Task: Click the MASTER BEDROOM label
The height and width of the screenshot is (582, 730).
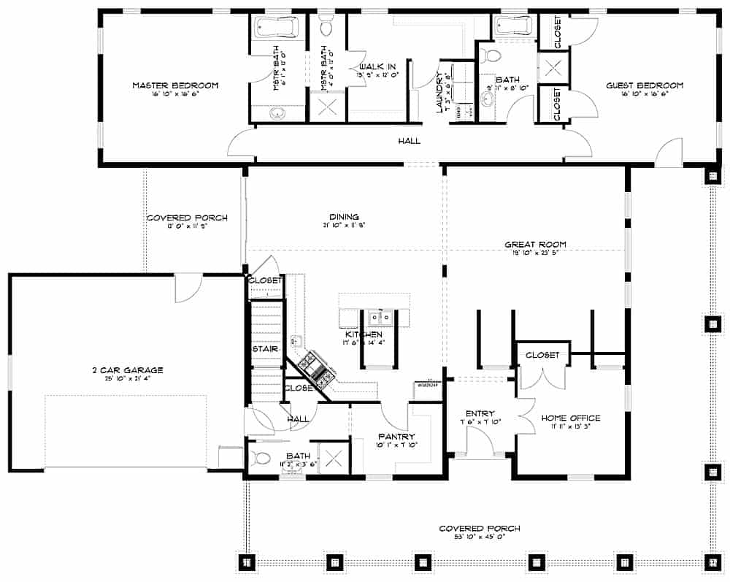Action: (175, 85)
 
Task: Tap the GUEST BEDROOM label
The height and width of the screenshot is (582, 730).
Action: (645, 85)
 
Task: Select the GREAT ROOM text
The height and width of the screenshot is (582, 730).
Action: (535, 245)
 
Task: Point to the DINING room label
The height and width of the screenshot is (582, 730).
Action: (343, 217)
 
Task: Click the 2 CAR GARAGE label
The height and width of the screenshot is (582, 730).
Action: (123, 370)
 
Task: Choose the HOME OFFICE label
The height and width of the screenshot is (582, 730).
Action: (570, 418)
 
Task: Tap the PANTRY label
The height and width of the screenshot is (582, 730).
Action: (396, 436)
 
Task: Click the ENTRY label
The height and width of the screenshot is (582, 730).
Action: (480, 413)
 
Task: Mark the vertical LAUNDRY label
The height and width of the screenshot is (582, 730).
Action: (439, 93)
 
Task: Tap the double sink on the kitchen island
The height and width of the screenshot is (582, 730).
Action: (379, 318)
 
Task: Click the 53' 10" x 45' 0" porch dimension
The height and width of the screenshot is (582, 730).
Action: (479, 537)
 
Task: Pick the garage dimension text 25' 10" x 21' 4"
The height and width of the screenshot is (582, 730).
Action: (123, 379)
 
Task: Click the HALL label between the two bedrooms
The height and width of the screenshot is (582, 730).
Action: (409, 141)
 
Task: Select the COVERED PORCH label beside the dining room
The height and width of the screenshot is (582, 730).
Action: (187, 218)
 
